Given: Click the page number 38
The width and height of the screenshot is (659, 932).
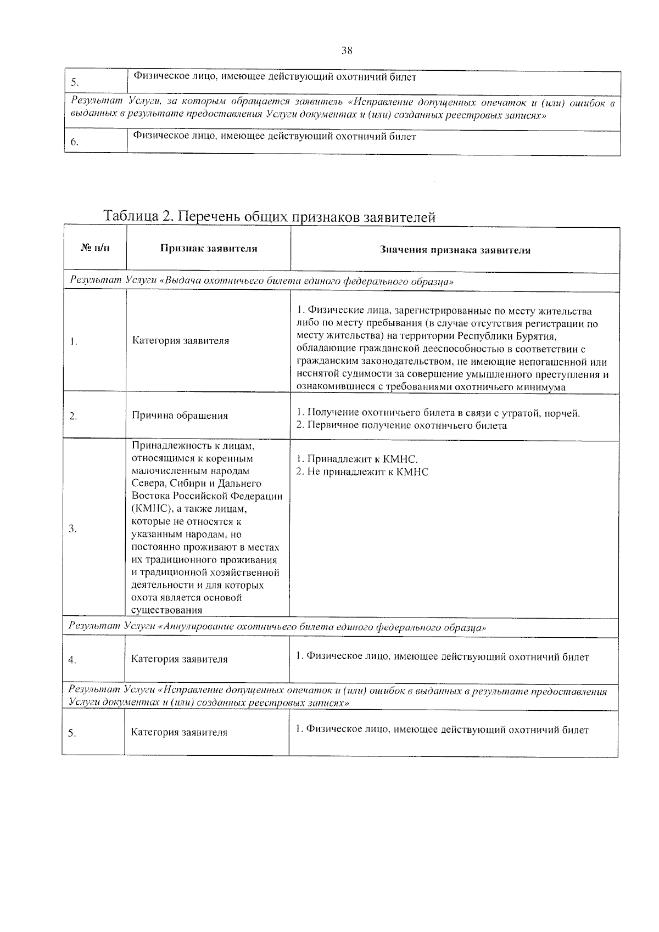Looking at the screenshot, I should [347, 51].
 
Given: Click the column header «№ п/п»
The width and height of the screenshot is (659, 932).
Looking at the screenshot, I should [94, 249].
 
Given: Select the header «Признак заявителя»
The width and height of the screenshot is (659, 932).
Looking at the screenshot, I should [209, 249].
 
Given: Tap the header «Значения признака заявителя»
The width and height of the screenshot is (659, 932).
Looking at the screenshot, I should [455, 250].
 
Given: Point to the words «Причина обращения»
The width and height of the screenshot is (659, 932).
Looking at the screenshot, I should [180, 416].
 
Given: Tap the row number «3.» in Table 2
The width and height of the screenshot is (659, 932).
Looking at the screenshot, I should [72, 529].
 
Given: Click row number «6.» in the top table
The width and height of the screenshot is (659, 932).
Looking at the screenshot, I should [75, 142].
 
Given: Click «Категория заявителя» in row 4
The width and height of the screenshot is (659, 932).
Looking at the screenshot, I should [179, 659].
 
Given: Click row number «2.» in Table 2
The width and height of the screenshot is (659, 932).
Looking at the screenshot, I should [73, 416].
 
